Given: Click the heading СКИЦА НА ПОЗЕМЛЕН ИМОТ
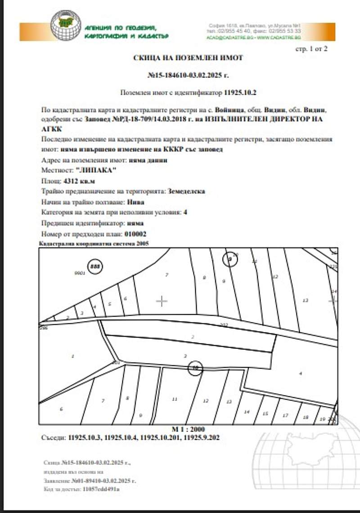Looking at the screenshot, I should [x=188, y=58].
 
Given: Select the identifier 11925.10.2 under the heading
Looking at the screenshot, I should [x=240, y=93].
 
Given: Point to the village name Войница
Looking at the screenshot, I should [x=229, y=109].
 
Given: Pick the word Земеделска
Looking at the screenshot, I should [x=186, y=191].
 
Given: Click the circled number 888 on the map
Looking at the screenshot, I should [x=94, y=267].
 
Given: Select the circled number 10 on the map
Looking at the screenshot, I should [x=195, y=368].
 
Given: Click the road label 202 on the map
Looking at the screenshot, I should [x=224, y=324].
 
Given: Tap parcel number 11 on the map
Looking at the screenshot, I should [x=175, y=399].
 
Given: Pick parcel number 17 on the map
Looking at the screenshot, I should [x=285, y=416].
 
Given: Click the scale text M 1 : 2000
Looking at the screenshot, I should [x=188, y=429].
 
